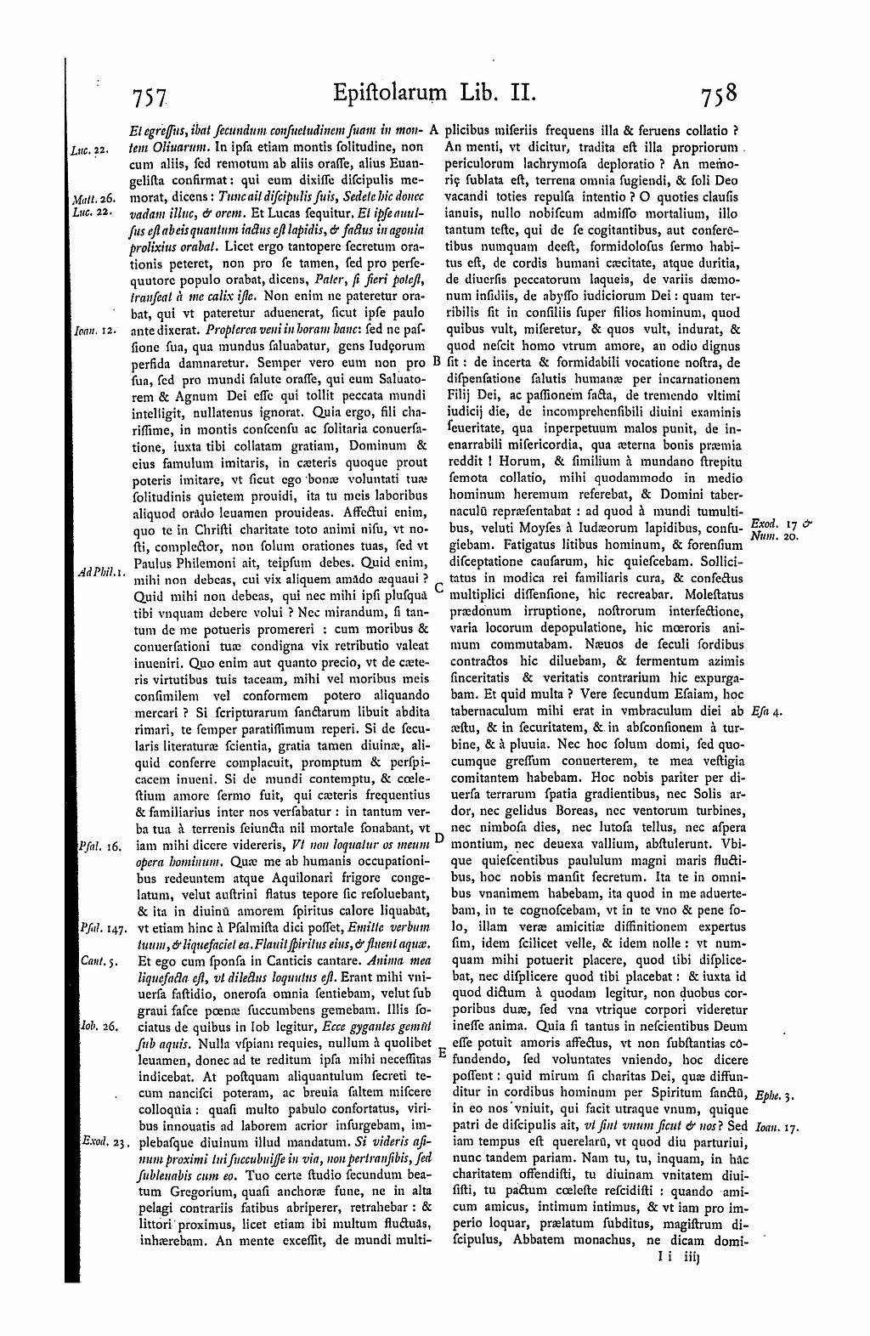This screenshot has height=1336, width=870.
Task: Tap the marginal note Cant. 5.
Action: click(x=92, y=960)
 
